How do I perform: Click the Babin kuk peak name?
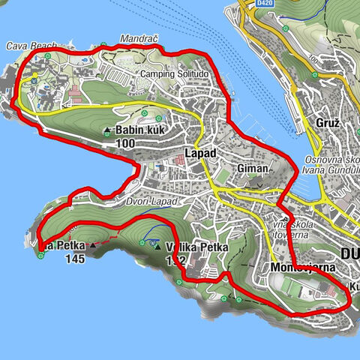point(139,130)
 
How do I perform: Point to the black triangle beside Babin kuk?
point(107,130)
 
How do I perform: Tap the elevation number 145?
point(75,259)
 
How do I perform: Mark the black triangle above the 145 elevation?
point(92,245)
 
